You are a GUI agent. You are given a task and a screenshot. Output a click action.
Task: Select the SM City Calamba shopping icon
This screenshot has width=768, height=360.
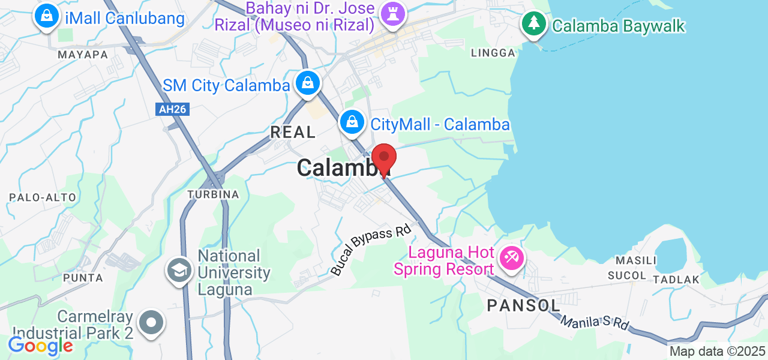pos(308,83)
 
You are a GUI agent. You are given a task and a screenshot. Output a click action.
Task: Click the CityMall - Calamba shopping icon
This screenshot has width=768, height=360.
pos(353,122)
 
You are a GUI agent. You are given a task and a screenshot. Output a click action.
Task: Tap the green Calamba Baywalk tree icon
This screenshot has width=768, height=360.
pos(533,25)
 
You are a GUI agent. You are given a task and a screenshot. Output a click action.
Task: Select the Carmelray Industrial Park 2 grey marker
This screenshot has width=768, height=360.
pos(151,322)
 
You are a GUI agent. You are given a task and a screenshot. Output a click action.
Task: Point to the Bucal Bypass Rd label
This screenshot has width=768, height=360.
pos(371,250)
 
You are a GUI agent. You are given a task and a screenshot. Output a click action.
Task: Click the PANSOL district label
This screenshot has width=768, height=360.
pos(524,305)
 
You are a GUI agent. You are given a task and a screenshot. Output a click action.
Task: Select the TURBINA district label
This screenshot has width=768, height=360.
pos(213,194)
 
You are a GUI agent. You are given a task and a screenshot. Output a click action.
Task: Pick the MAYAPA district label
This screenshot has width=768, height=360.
pos(83,55)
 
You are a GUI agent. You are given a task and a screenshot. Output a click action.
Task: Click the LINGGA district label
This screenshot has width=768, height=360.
pos(493,53)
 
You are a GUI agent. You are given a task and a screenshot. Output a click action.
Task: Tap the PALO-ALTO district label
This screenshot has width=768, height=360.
pos(42,197)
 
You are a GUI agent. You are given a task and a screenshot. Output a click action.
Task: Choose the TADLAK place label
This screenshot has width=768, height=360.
pos(676,280)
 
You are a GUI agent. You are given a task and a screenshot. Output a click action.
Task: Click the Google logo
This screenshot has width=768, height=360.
pos(40,346)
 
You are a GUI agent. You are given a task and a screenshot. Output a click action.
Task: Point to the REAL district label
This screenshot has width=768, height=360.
pos(293,132)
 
